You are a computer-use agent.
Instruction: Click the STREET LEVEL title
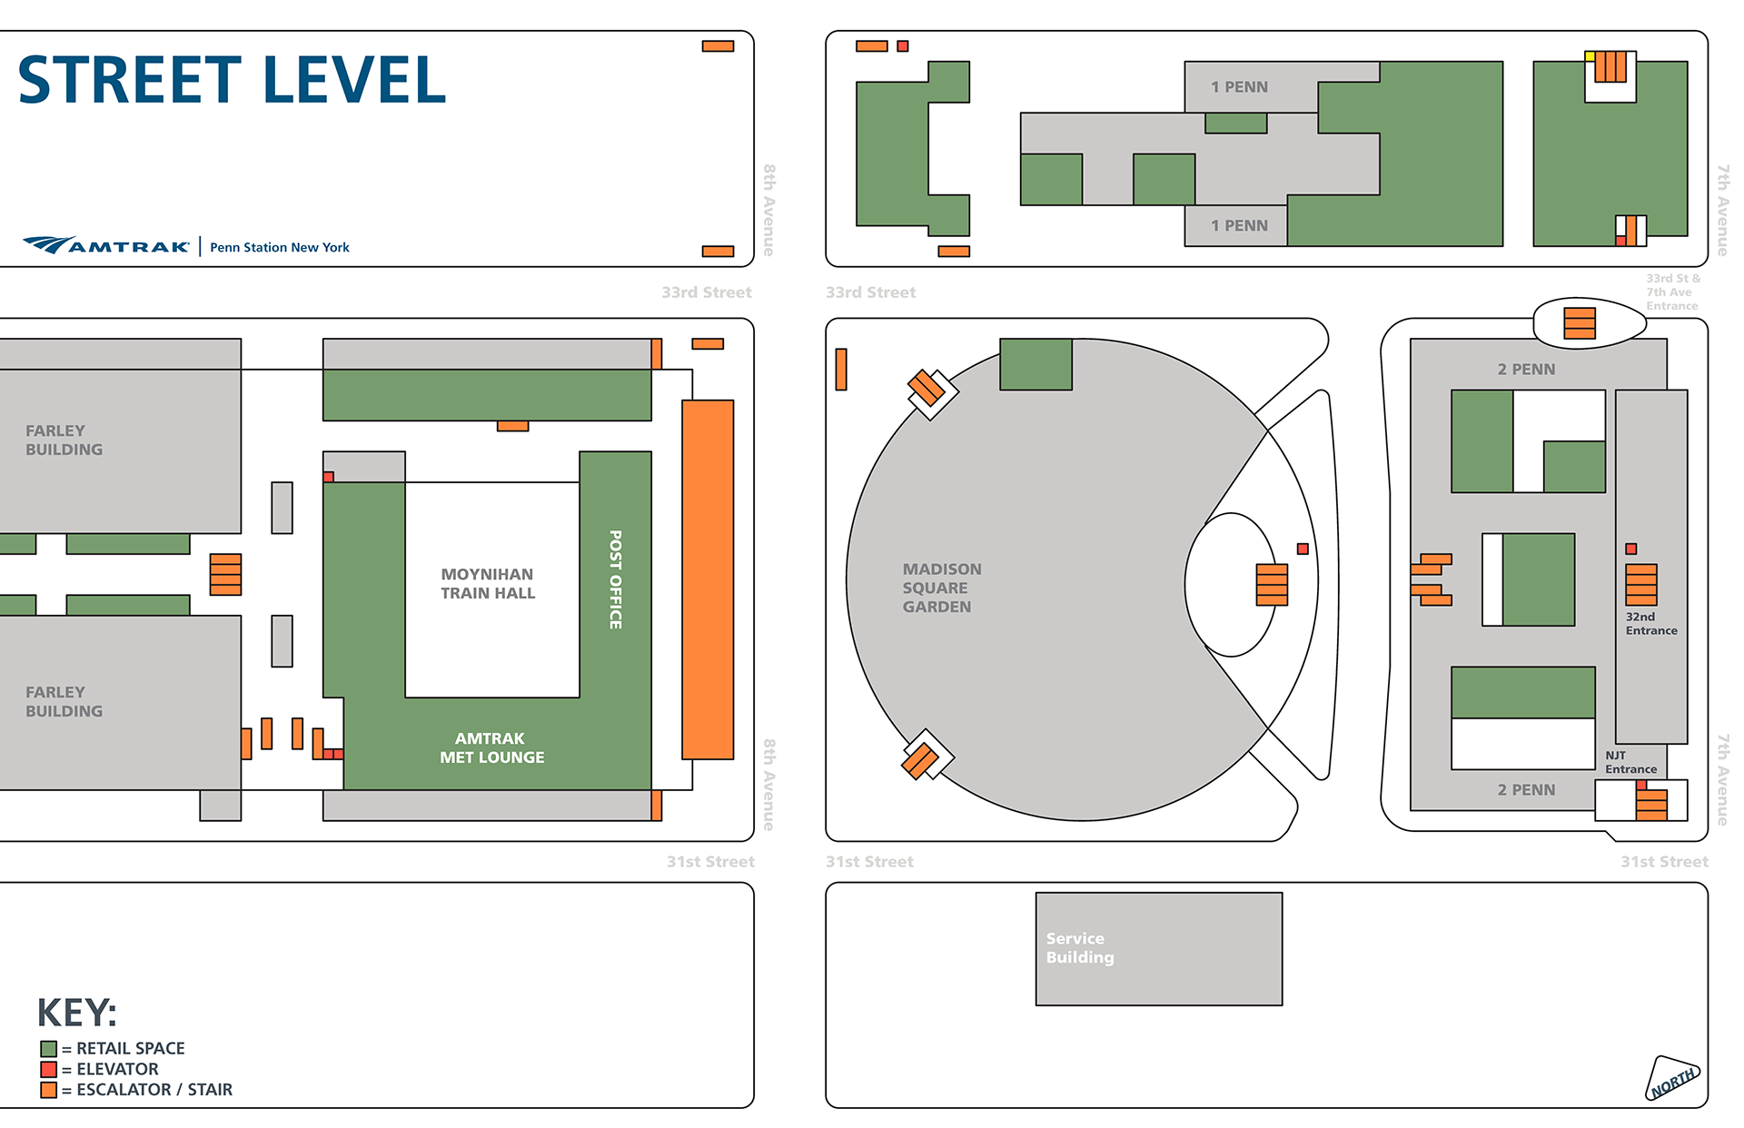click(232, 80)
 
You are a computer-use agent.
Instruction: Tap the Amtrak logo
click(106, 245)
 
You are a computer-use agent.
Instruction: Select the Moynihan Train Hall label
click(488, 584)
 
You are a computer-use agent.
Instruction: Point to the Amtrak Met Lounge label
click(491, 747)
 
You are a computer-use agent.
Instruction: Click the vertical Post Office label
click(615, 579)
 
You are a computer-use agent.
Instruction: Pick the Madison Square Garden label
click(941, 588)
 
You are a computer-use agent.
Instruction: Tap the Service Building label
click(1079, 947)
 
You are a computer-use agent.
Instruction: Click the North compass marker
click(1672, 1079)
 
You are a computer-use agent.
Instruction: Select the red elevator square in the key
click(49, 1069)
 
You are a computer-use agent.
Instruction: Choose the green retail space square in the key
click(49, 1049)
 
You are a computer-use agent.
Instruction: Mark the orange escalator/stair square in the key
click(49, 1090)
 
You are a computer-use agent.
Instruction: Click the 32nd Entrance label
click(1650, 624)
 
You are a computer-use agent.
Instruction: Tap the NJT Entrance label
click(1630, 762)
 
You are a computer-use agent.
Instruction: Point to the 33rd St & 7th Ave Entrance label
click(1672, 292)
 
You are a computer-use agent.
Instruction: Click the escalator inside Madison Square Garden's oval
click(1272, 584)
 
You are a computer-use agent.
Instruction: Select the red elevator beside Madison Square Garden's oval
click(1303, 549)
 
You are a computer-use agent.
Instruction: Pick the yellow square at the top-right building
click(1590, 56)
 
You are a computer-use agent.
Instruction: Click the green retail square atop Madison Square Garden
click(1035, 364)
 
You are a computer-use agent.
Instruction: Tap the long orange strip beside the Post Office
click(708, 579)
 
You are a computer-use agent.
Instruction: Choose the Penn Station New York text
click(280, 247)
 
